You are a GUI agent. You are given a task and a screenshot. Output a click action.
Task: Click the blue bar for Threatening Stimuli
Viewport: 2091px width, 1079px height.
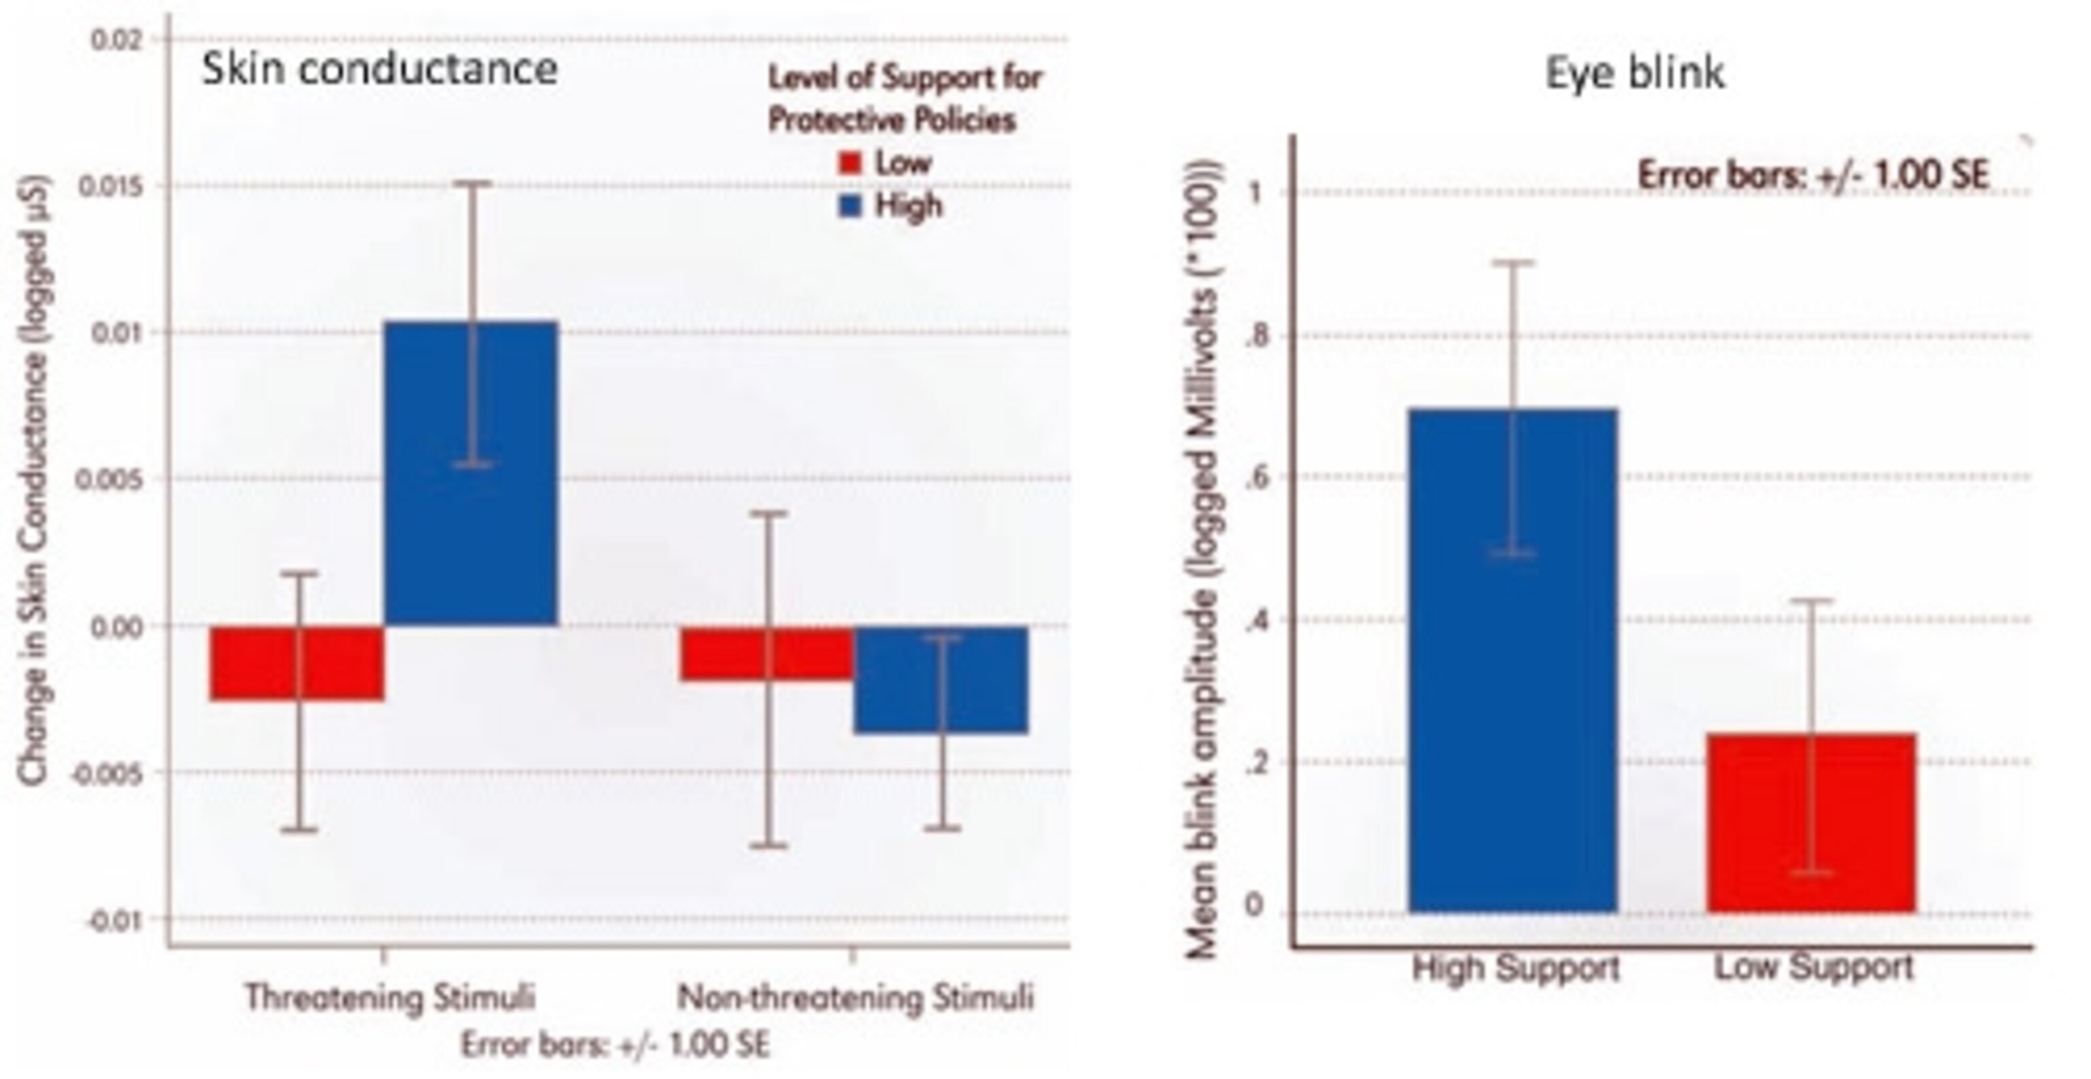coord(471,472)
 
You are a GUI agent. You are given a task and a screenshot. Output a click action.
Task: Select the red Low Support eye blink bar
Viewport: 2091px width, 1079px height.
coord(1811,822)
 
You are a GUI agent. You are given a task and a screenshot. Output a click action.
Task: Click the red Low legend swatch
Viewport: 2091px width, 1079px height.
coord(849,163)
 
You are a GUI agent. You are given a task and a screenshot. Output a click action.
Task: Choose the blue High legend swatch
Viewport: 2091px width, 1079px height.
coord(849,206)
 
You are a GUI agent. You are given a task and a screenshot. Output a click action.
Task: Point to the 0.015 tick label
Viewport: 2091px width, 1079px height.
coord(112,186)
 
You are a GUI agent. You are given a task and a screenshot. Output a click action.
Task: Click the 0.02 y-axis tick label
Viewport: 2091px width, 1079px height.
coord(117,39)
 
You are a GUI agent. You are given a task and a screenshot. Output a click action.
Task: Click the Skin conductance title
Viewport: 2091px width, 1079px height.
coord(379,69)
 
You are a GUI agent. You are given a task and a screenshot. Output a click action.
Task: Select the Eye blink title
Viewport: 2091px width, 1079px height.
coord(1634,73)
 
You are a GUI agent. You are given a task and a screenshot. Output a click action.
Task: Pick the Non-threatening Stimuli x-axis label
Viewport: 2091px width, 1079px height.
coord(856,997)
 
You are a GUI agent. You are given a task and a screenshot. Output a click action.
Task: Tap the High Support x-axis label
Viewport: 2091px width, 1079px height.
coord(1515,967)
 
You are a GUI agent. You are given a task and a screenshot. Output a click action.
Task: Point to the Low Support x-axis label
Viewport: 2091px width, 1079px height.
coord(1813,967)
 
